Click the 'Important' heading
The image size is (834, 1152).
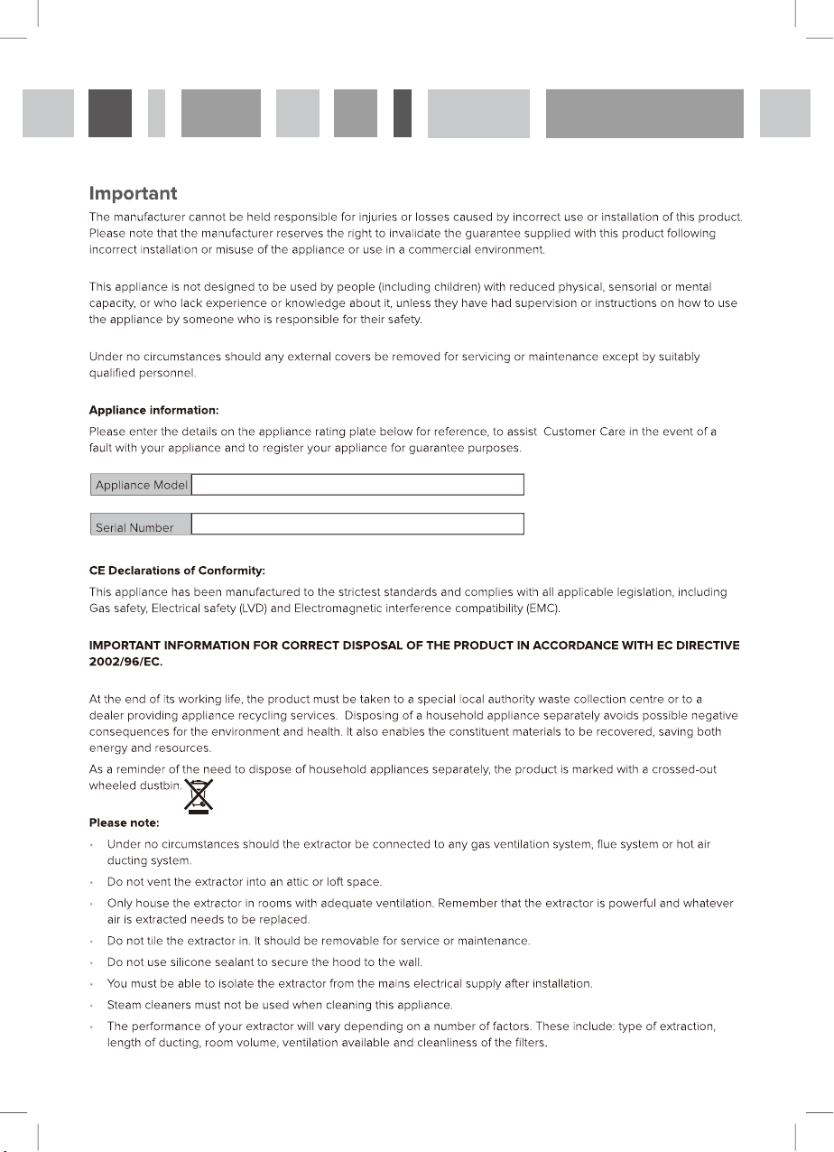pyautogui.click(x=133, y=193)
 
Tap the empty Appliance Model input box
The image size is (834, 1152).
pyautogui.click(x=357, y=485)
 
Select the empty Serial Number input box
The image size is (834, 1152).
pyautogui.click(x=357, y=524)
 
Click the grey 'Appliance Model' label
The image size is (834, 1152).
pyautogui.click(x=141, y=485)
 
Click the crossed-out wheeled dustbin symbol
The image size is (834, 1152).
pyautogui.click(x=199, y=795)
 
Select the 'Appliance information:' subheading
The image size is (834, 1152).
pyautogui.click(x=153, y=411)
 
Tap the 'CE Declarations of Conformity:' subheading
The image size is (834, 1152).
pyautogui.click(x=176, y=571)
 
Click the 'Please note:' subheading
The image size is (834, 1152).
pyautogui.click(x=124, y=822)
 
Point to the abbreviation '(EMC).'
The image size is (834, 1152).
pyautogui.click(x=542, y=609)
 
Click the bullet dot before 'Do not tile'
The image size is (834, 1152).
pyautogui.click(x=93, y=942)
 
